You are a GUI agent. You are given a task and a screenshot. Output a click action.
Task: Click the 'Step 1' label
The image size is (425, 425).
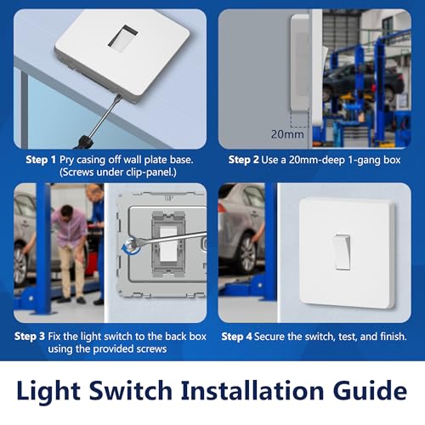tap(41, 160)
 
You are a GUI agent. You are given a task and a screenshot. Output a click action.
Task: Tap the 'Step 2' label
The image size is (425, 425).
tap(243, 160)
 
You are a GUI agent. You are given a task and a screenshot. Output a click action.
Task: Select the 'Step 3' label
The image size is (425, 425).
tap(30, 337)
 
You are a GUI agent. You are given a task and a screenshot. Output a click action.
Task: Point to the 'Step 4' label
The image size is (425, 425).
tap(236, 337)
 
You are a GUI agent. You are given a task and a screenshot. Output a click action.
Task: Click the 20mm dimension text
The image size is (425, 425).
tap(287, 134)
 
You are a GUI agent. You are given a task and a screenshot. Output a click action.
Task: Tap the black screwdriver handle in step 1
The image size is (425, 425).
tap(83, 143)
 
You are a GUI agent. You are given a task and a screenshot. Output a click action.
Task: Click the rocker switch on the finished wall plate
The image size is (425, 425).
tap(342, 252)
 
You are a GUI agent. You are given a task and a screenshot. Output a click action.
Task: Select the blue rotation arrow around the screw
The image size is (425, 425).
tap(128, 249)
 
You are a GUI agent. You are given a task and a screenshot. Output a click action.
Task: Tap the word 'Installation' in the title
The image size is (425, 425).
tap(252, 391)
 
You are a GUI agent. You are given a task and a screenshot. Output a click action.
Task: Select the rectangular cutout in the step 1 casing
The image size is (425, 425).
tap(123, 38)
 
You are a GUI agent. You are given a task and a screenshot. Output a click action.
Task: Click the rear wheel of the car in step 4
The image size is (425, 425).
tap(246, 254)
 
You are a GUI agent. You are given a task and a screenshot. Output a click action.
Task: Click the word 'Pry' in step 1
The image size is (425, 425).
tap(66, 160)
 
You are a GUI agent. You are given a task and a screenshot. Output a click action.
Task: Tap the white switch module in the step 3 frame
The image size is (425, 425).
tap(168, 243)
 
